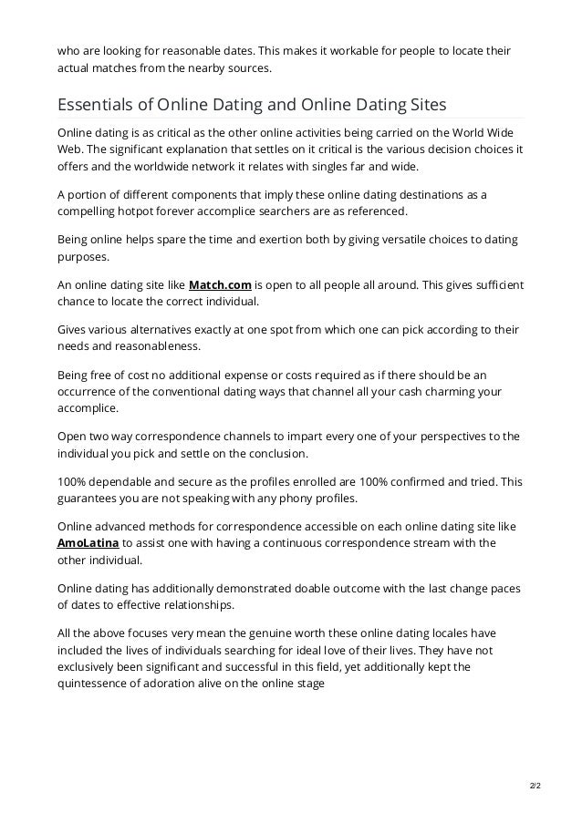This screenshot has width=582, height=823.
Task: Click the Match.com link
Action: tap(220, 284)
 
